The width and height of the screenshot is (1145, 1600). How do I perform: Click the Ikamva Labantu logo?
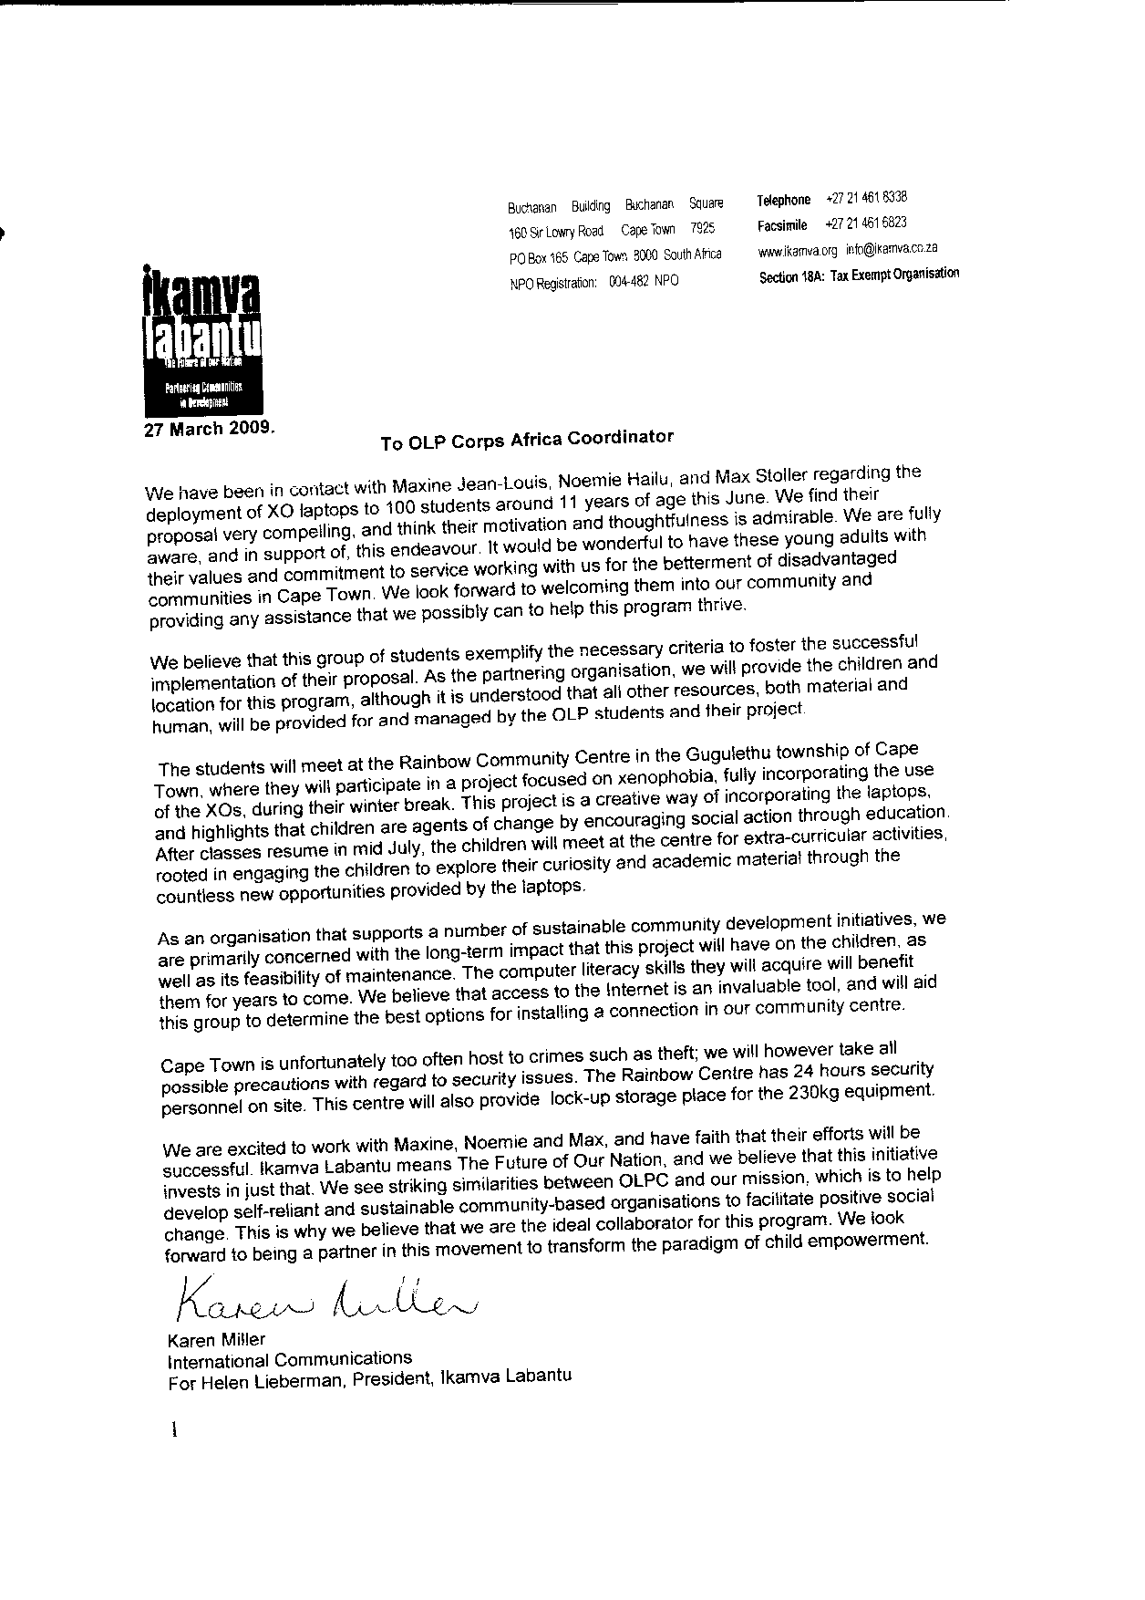[x=201, y=338]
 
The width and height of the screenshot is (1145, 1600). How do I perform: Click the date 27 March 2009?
[x=208, y=429]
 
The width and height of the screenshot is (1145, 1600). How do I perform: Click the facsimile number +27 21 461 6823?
[x=866, y=223]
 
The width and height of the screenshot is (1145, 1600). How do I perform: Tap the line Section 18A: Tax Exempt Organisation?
[x=859, y=275]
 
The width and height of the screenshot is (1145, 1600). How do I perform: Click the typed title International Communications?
[x=289, y=1359]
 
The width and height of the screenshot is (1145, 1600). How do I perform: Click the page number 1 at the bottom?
[x=172, y=1432]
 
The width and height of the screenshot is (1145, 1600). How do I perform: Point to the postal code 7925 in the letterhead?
[x=702, y=229]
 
